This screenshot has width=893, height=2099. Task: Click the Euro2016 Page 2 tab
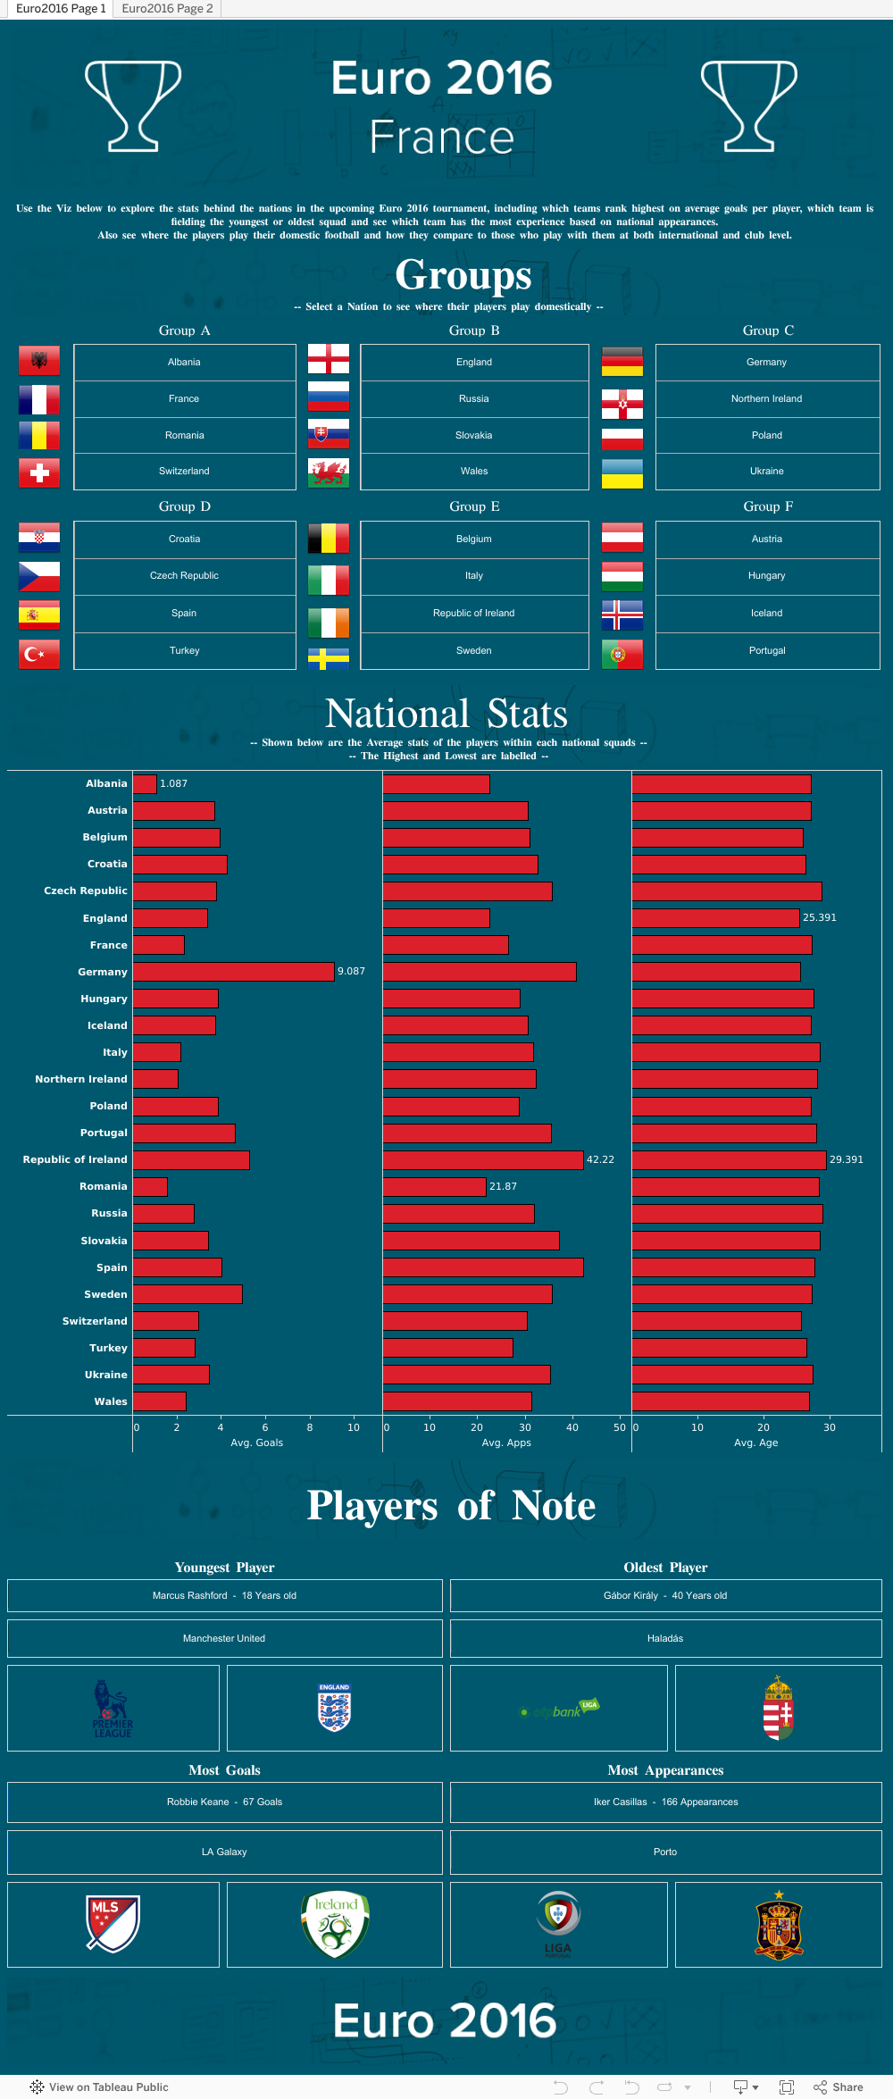pyautogui.click(x=167, y=9)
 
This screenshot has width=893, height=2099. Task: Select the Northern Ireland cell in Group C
pyautogui.click(x=766, y=399)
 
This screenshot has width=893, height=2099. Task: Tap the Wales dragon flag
pyautogui.click(x=329, y=472)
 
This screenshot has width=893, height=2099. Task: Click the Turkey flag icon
pyautogui.click(x=39, y=654)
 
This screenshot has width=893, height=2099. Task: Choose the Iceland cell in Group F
pyautogui.click(x=766, y=614)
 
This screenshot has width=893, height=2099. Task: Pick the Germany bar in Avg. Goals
pyautogui.click(x=233, y=972)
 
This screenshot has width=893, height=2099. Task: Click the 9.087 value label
pyautogui.click(x=351, y=972)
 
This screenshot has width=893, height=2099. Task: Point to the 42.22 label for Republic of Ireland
pyautogui.click(x=600, y=1159)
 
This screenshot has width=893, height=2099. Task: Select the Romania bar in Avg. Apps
pyautogui.click(x=434, y=1186)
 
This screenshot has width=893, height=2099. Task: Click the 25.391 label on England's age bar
pyautogui.click(x=819, y=918)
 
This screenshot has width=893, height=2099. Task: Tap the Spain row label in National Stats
pyautogui.click(x=112, y=1267)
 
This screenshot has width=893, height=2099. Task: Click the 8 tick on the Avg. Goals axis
pyautogui.click(x=310, y=1427)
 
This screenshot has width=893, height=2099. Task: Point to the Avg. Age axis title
pyautogui.click(x=755, y=1443)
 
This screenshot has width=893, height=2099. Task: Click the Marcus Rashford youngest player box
pyautogui.click(x=224, y=1595)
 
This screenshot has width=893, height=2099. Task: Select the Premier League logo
pyautogui.click(x=113, y=1709)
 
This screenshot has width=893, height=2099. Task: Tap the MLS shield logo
pyautogui.click(x=113, y=1924)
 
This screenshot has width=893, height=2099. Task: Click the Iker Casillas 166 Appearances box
pyautogui.click(x=665, y=1802)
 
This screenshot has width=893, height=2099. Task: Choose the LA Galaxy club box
pyautogui.click(x=224, y=1852)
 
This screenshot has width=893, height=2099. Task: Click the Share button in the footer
pyautogui.click(x=839, y=2087)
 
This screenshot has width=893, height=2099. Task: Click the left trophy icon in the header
pyautogui.click(x=133, y=105)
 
